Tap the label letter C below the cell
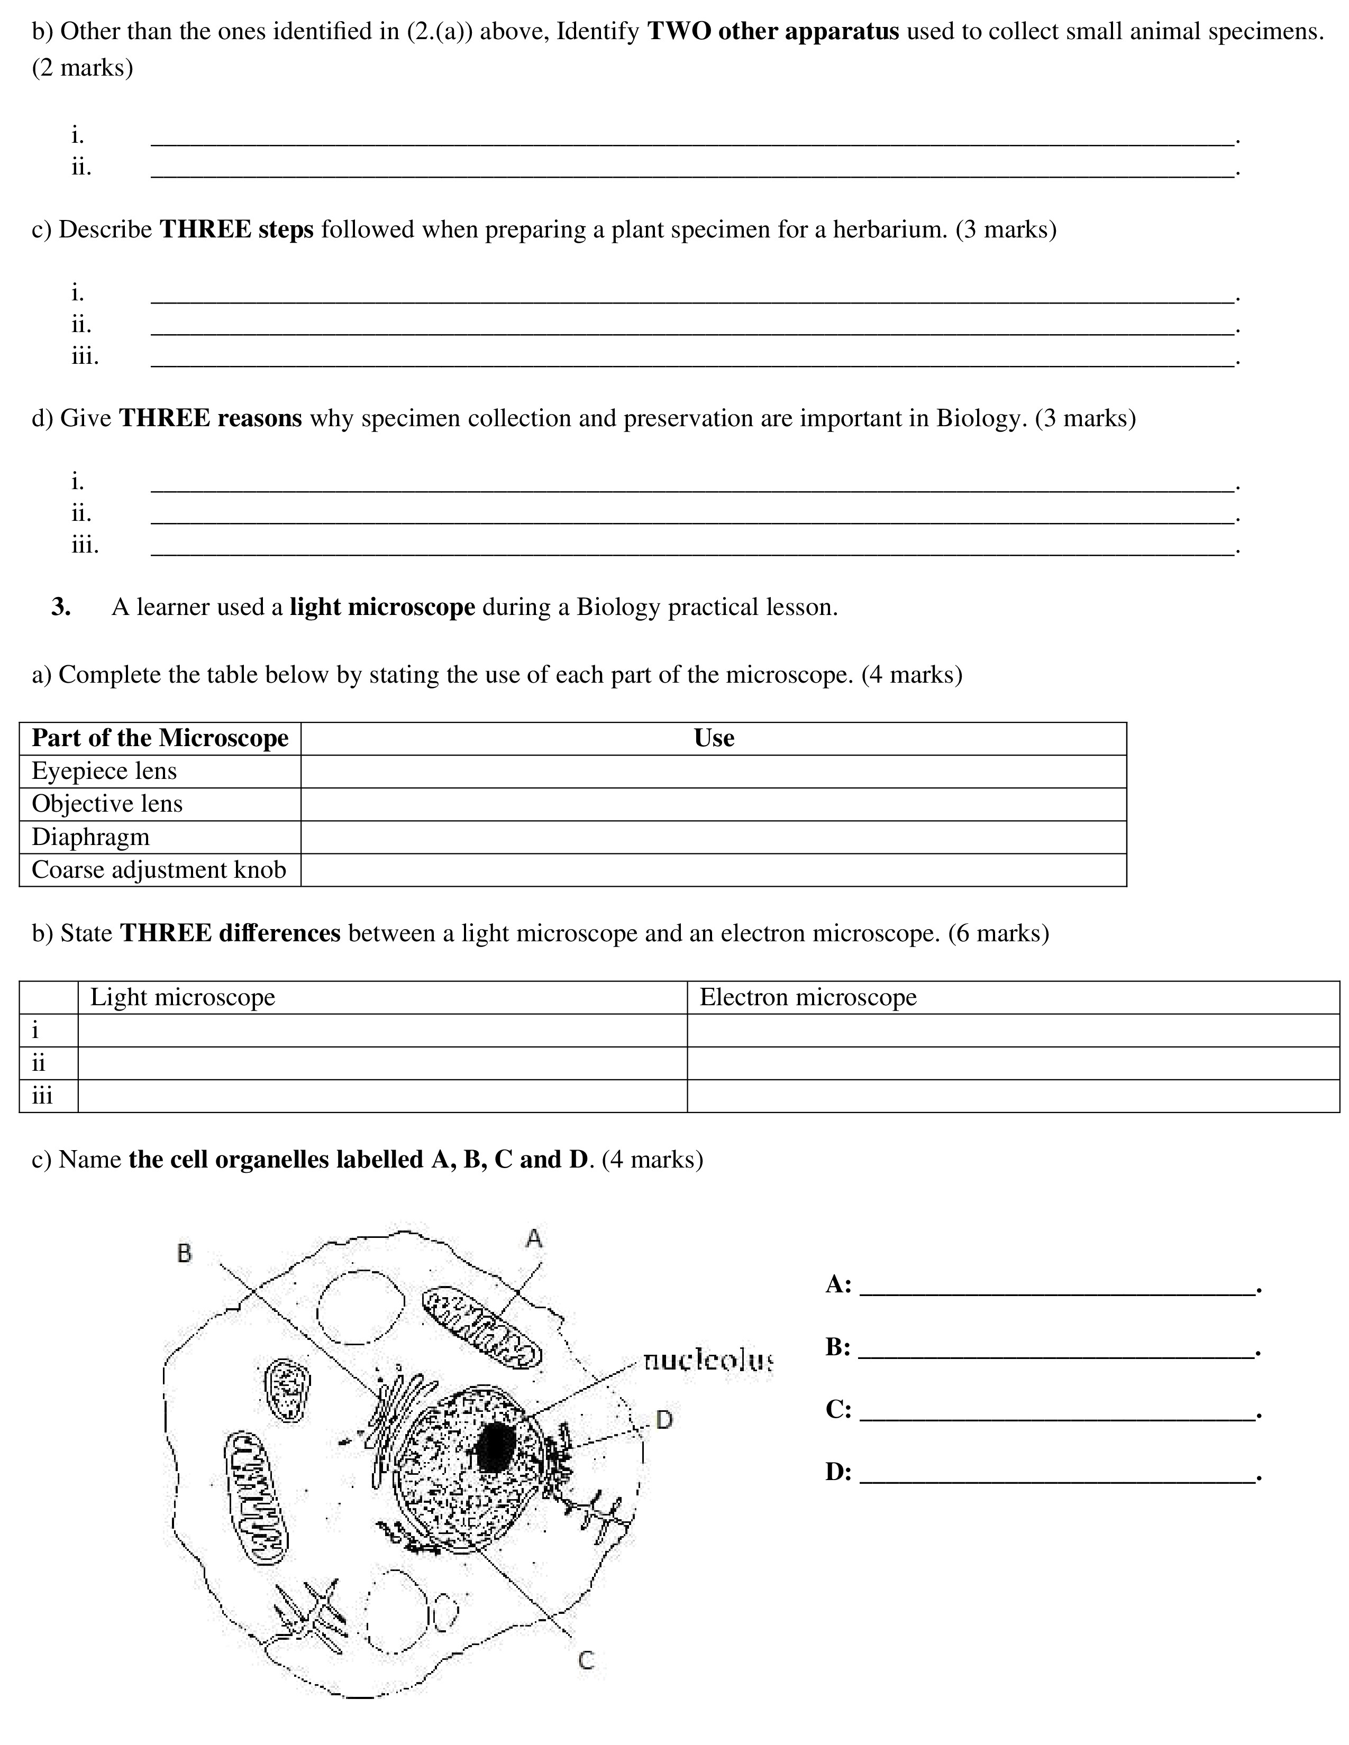tap(586, 1661)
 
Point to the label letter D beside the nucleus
tap(664, 1420)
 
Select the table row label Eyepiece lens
tap(104, 771)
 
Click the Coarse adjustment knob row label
tap(158, 869)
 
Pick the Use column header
tap(714, 738)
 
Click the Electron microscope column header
tap(807, 997)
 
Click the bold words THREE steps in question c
tap(236, 229)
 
